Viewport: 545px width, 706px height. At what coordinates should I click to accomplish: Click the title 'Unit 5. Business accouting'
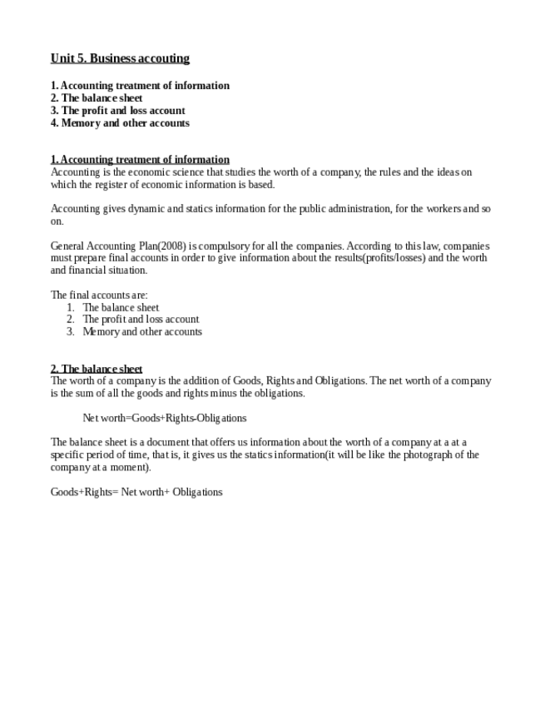pyautogui.click(x=120, y=58)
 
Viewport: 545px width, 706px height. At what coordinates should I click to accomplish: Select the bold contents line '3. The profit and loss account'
pyautogui.click(x=117, y=111)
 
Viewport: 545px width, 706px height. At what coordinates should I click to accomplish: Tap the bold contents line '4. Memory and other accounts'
pyautogui.click(x=120, y=123)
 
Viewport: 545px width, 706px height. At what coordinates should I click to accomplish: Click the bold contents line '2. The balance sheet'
pyautogui.click(x=97, y=98)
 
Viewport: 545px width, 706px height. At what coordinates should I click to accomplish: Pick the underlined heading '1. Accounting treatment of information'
pyautogui.click(x=140, y=159)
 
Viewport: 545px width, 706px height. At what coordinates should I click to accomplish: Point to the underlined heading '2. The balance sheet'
pyautogui.click(x=97, y=369)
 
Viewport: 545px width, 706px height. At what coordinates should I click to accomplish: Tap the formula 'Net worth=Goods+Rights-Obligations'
pyautogui.click(x=164, y=418)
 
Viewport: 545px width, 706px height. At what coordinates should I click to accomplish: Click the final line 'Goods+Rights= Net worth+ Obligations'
pyautogui.click(x=136, y=492)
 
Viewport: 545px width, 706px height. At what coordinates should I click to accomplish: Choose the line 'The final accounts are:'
pyautogui.click(x=99, y=295)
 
